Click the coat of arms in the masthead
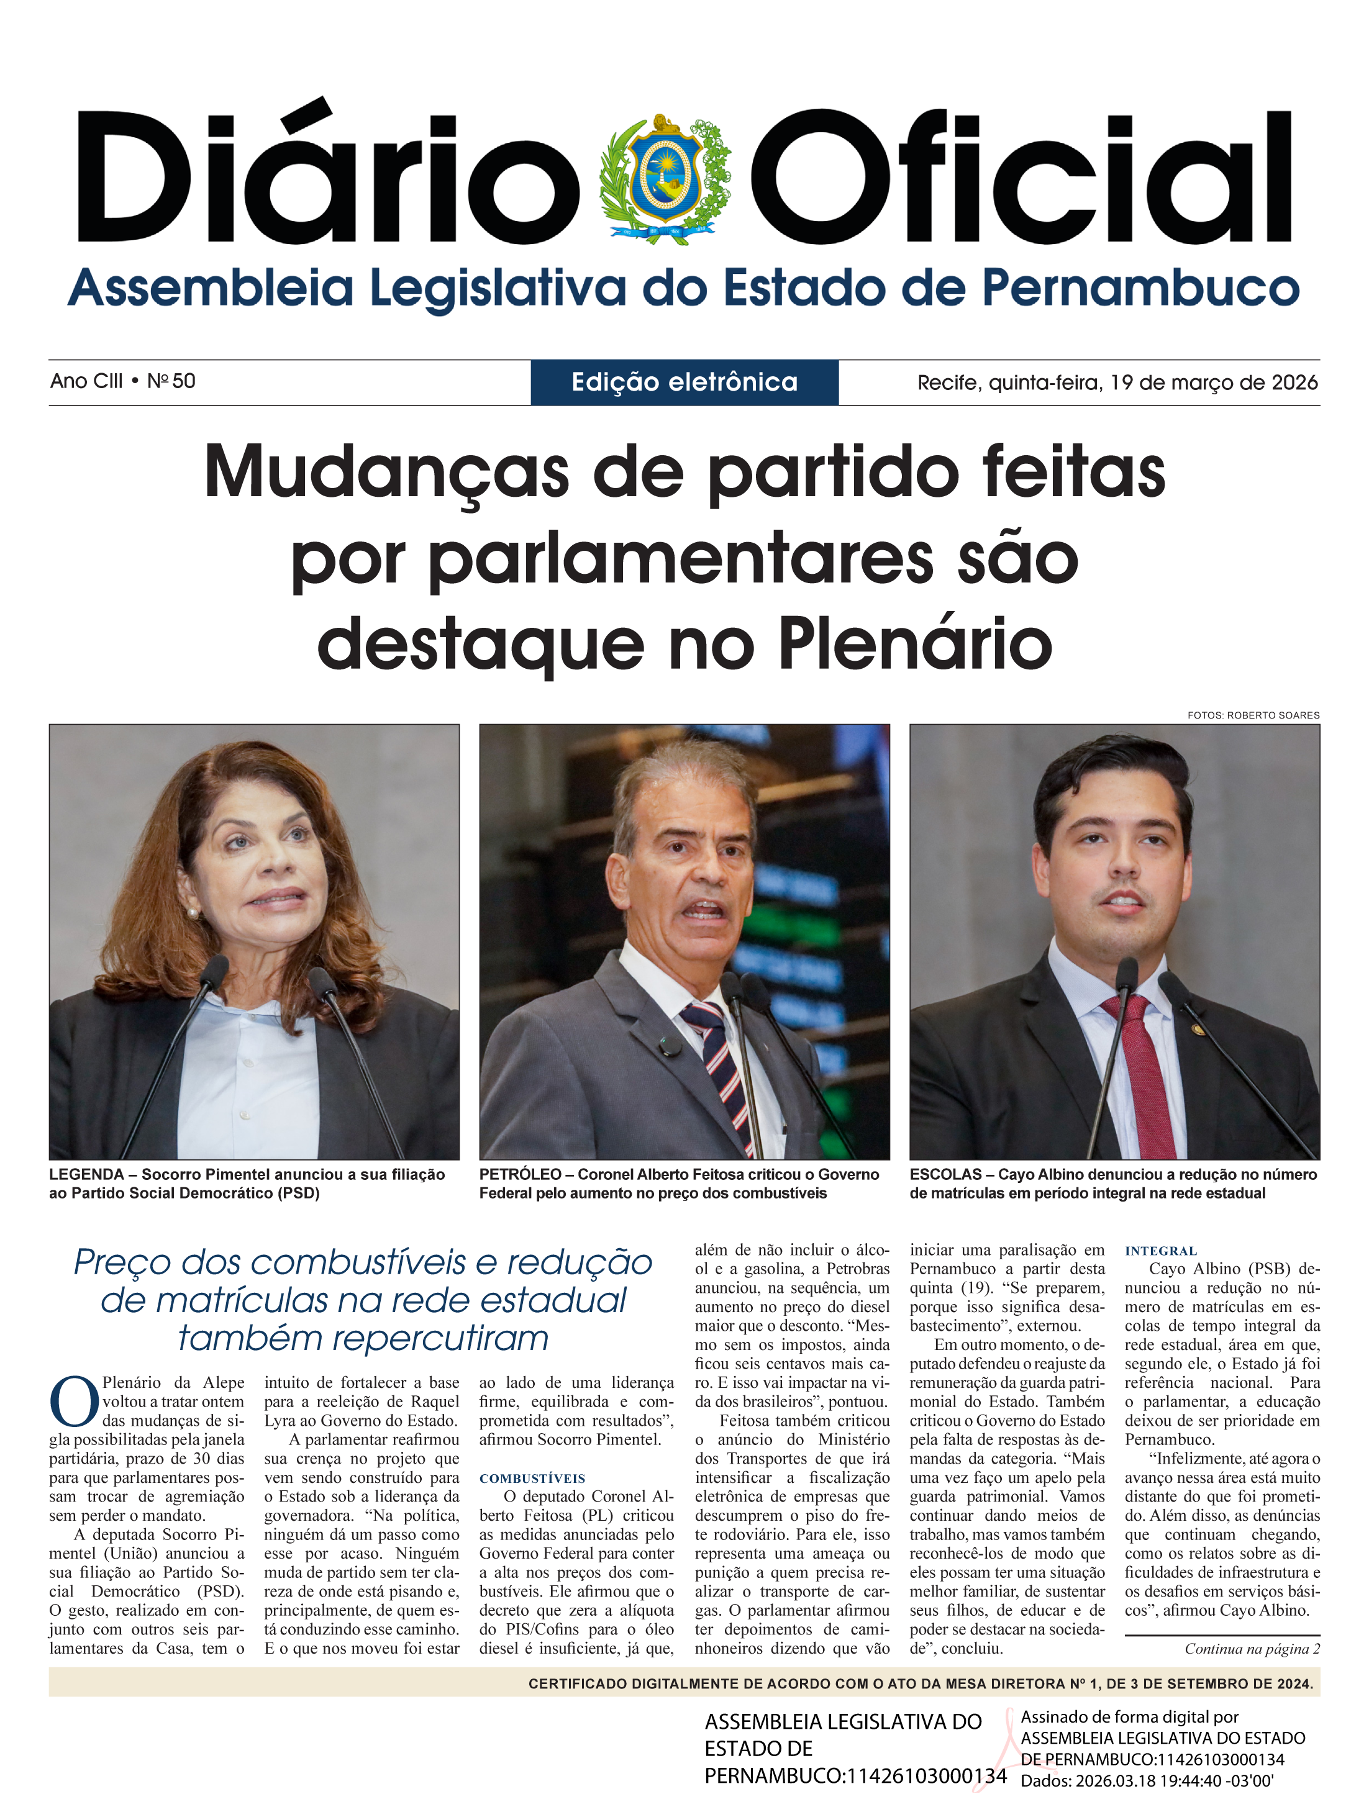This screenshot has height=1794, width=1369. coord(664,178)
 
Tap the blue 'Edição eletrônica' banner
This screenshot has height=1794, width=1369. coord(684,382)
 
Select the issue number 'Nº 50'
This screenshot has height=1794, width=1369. coord(171,381)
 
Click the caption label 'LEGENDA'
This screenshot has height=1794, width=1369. coord(86,1174)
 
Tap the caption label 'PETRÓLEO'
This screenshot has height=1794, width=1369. coord(520,1174)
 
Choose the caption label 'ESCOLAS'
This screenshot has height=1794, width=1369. coord(945,1174)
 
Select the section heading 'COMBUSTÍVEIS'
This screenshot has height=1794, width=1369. coord(532,1479)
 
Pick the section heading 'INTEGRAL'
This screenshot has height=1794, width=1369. coord(1160,1251)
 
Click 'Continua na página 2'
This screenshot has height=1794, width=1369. coord(1252,1649)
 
